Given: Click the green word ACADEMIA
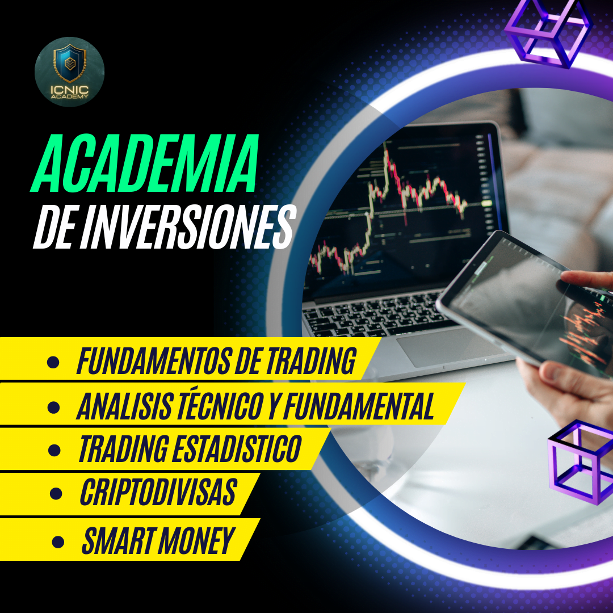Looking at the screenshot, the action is pos(145,163).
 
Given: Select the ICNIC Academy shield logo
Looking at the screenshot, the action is pos(70,72).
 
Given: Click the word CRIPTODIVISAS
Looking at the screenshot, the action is pos(158,492).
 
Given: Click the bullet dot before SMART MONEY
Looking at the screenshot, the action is pos(58,542).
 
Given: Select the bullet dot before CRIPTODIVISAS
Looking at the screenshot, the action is pos(56,493).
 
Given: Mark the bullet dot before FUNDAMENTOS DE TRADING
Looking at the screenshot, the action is pos(53,362).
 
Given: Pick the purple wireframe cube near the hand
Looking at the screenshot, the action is pos(580,461).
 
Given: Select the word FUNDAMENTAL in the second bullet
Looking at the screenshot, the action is pos(359,406).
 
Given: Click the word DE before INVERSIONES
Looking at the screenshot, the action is pos(54,228).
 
